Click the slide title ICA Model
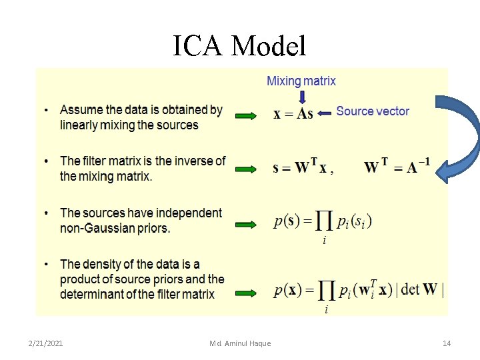[x=239, y=46]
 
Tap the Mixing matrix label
[x=301, y=81]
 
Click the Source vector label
[x=373, y=111]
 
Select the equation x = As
[x=293, y=114]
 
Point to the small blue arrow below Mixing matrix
[x=302, y=97]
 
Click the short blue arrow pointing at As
[x=325, y=114]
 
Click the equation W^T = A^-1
[x=397, y=167]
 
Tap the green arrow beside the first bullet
[x=246, y=117]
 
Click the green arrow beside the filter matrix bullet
[x=246, y=169]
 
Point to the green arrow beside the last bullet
[x=246, y=292]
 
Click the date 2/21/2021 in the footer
[x=46, y=343]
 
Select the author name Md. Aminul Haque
[x=240, y=343]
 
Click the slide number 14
[x=447, y=343]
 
